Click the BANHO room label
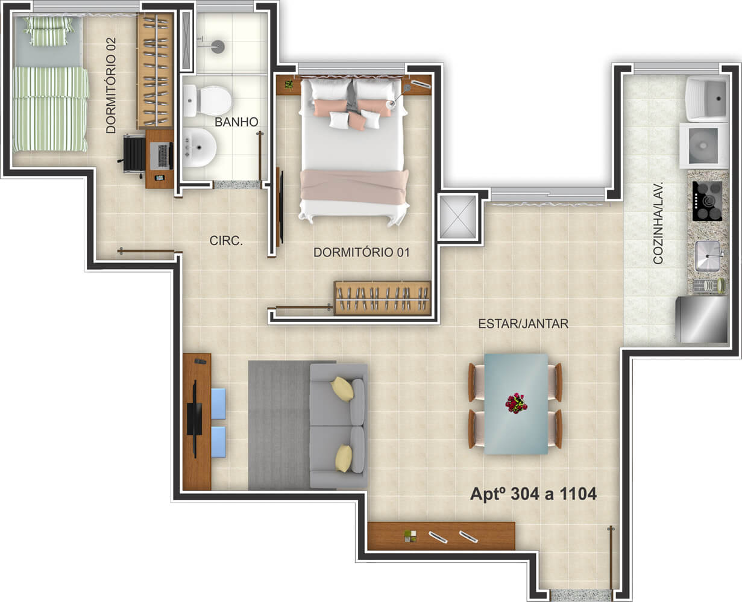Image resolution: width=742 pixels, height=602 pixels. tap(236, 122)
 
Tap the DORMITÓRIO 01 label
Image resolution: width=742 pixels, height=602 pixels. tap(361, 252)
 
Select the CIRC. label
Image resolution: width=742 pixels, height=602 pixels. tap(226, 240)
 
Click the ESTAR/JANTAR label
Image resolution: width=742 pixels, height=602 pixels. tap(523, 324)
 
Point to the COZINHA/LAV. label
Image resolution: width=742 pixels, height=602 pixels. tap(658, 223)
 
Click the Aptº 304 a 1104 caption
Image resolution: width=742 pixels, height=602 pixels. tap(533, 494)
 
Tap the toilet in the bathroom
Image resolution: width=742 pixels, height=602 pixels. tap(207, 101)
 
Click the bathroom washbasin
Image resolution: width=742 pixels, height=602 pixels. tap(200, 147)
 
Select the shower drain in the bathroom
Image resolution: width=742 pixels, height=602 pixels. tap(218, 46)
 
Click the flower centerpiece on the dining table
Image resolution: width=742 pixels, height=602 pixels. tap(516, 403)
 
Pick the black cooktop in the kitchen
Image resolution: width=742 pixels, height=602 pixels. tap(707, 201)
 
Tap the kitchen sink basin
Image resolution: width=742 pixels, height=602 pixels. tap(708, 256)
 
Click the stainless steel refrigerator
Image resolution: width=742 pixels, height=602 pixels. tap(702, 319)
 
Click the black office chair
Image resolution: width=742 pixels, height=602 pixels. tap(133, 154)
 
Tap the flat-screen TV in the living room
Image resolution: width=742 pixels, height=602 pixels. tap(195, 418)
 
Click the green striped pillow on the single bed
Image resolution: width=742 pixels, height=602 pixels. tap(48, 31)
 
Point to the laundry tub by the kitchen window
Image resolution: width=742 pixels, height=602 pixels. tap(707, 99)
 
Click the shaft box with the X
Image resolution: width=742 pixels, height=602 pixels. tap(457, 217)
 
